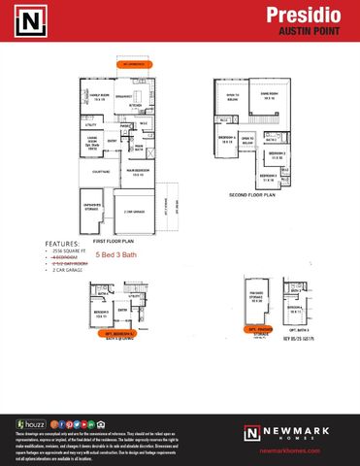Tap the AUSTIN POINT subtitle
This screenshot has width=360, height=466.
click(x=320, y=31)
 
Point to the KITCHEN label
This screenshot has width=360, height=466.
click(x=136, y=106)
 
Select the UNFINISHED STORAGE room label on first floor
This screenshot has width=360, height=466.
click(x=94, y=206)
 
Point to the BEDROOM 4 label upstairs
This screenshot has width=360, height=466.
click(x=226, y=140)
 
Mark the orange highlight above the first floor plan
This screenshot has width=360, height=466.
click(x=135, y=65)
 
